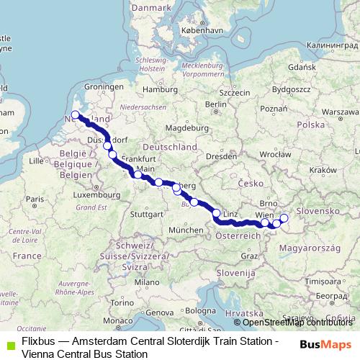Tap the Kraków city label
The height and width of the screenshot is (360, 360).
pos(316,171)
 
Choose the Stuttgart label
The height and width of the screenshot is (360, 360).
pos(148,214)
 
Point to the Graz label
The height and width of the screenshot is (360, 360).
pos(250,256)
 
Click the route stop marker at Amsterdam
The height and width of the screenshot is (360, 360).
pos(75,114)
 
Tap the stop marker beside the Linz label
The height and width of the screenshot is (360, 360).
pos(216,212)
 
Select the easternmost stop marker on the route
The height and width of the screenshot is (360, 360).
pos(284,218)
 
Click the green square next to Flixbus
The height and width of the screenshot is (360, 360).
pos(9,341)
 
